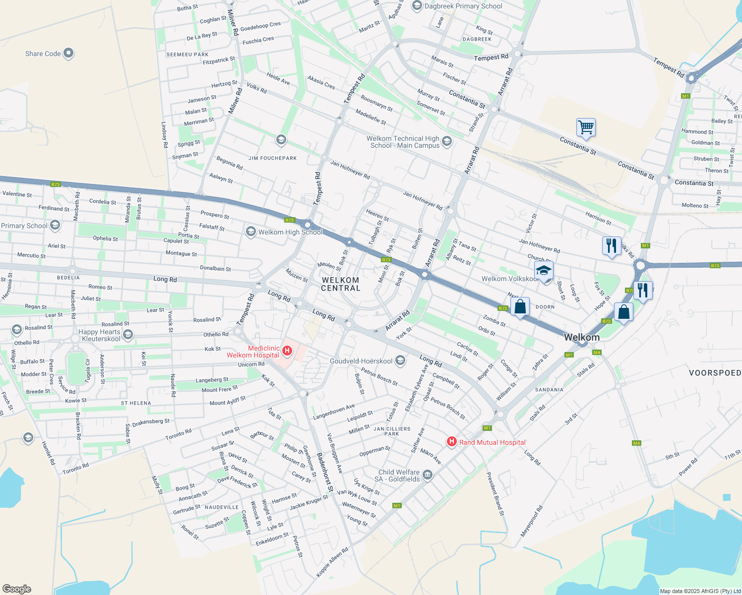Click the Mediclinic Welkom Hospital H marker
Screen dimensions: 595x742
[287, 351]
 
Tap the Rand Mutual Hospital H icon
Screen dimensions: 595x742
[451, 441]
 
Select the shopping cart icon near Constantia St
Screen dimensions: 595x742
[586, 127]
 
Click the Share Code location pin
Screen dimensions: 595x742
[68, 53]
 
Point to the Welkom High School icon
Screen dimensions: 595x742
[251, 232]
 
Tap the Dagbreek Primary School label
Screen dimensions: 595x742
[463, 6]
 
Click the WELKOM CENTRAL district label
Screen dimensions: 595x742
[340, 284]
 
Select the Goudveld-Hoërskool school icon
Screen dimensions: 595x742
[400, 361]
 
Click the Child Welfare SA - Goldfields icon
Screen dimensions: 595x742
[428, 476]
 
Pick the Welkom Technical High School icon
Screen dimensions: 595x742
[446, 142]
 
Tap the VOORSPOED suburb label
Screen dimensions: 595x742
[715, 373]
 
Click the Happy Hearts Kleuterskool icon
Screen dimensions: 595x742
[128, 335]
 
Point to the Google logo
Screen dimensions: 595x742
[16, 589]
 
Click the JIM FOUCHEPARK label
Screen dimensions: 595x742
[272, 158]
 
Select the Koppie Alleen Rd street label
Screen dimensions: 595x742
[332, 562]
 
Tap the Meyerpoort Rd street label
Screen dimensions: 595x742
[531, 521]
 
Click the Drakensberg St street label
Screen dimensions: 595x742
[151, 422]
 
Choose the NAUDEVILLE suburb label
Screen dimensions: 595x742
[222, 507]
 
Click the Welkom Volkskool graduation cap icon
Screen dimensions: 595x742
[544, 271]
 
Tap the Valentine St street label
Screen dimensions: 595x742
[17, 194]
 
